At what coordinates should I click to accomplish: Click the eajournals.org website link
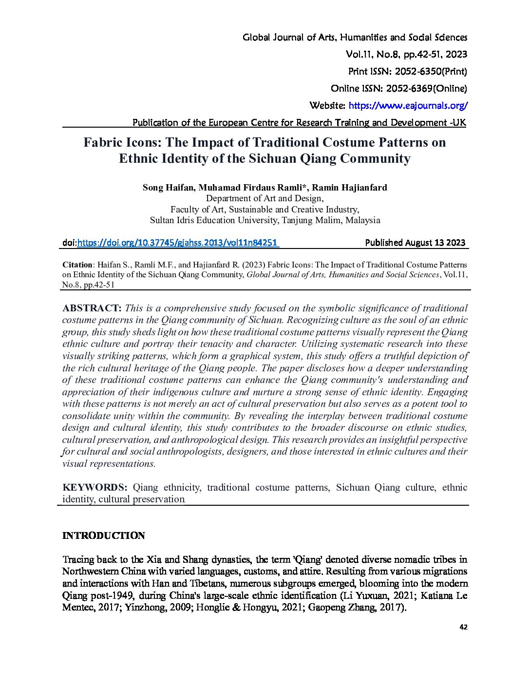click(x=408, y=106)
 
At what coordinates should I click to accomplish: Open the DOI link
click(x=177, y=243)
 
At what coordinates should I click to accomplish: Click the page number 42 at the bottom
click(x=463, y=627)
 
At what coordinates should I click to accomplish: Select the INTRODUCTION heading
click(x=104, y=536)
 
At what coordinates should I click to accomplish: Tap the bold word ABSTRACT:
click(x=92, y=308)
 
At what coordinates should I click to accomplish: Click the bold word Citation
click(x=77, y=265)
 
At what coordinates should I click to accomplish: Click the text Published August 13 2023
click(x=415, y=243)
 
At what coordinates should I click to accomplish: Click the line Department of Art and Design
click(x=265, y=198)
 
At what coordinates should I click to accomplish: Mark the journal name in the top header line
click(x=355, y=38)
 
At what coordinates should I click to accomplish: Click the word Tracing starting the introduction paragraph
click(x=78, y=559)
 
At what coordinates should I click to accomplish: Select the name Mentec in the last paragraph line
click(x=79, y=608)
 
